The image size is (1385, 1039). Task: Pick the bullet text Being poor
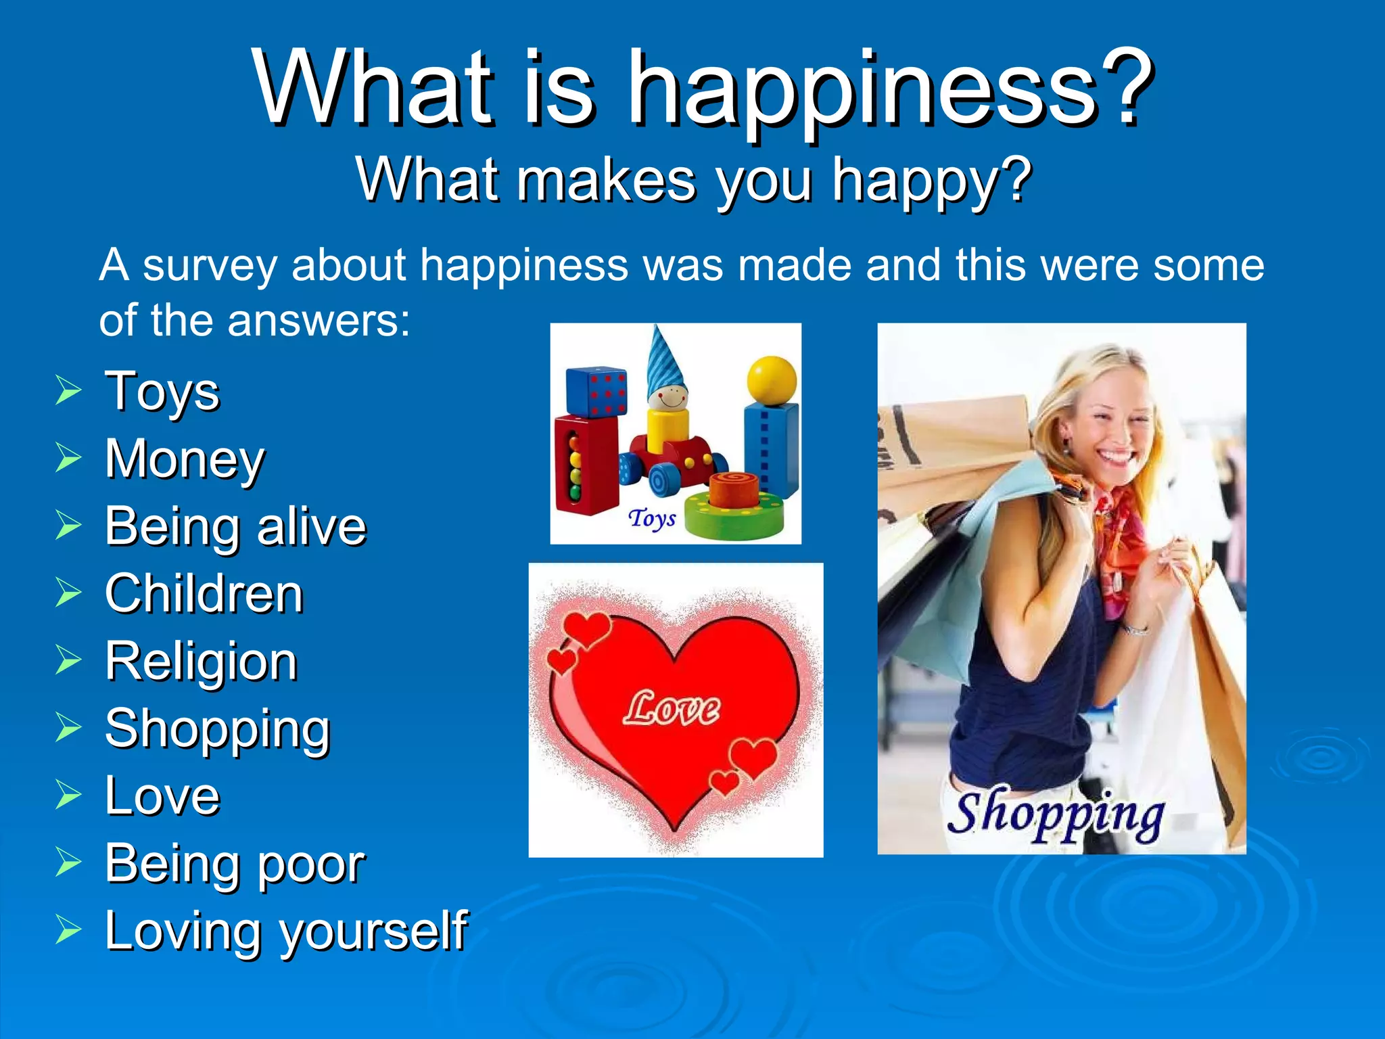pos(235,864)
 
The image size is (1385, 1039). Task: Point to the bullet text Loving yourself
pos(285,931)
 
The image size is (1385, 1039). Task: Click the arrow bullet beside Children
pos(68,593)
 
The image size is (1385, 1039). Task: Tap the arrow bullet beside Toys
pos(68,391)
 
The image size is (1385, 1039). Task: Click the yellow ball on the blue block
pos(772,379)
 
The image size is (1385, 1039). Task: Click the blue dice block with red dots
pos(596,392)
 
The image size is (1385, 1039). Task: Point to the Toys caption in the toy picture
pos(652,519)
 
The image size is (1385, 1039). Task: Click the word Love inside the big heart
pos(672,709)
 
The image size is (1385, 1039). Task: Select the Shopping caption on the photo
pos(1055,815)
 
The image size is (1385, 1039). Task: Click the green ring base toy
pos(734,515)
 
